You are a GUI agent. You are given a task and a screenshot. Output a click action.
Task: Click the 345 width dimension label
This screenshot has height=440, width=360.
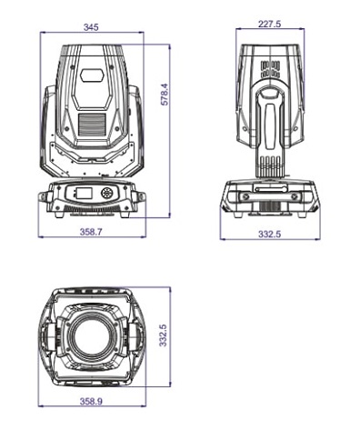tap(91, 27)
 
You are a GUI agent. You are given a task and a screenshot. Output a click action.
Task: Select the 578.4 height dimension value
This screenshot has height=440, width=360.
tap(165, 95)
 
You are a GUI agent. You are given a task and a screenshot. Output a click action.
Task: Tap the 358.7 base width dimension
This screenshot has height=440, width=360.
tap(91, 232)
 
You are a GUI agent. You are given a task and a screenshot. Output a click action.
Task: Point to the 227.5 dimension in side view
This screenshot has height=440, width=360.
tap(270, 24)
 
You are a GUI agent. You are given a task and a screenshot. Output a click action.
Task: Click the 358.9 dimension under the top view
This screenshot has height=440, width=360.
tap(91, 401)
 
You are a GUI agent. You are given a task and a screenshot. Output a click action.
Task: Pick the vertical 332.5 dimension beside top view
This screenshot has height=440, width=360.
tap(163, 335)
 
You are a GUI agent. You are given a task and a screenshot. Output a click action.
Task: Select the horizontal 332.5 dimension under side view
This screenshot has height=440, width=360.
tap(270, 234)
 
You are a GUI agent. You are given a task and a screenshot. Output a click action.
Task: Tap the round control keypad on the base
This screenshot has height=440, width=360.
tap(106, 193)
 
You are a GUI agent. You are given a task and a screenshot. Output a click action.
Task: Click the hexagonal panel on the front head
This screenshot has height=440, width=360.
tap(92, 75)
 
